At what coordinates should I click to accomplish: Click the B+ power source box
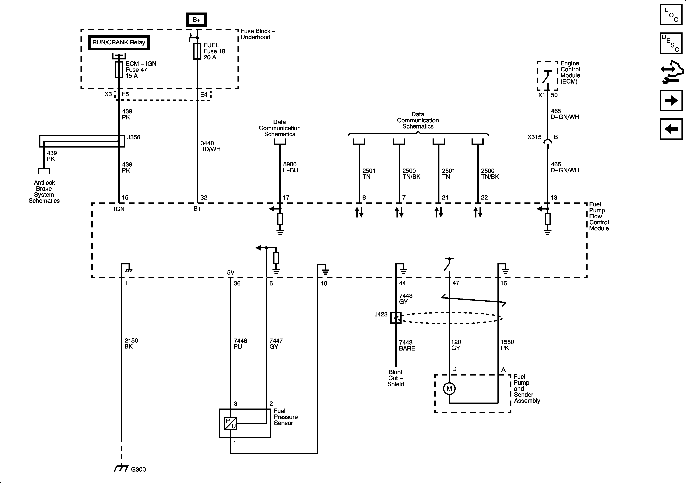tap(196, 20)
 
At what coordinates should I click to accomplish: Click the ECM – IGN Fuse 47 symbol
tap(119, 70)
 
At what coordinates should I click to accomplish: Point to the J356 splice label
tap(134, 137)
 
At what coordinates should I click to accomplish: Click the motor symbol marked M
tap(449, 389)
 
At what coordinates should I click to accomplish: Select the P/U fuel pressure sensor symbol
tap(230, 423)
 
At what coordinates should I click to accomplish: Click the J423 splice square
tap(396, 318)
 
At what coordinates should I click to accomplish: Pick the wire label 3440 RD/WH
tap(210, 146)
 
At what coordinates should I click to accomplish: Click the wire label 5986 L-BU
tap(290, 167)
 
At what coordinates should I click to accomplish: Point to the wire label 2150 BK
tap(131, 343)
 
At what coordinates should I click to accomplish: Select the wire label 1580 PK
tap(507, 345)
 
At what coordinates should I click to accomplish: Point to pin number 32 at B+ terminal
tap(204, 197)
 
